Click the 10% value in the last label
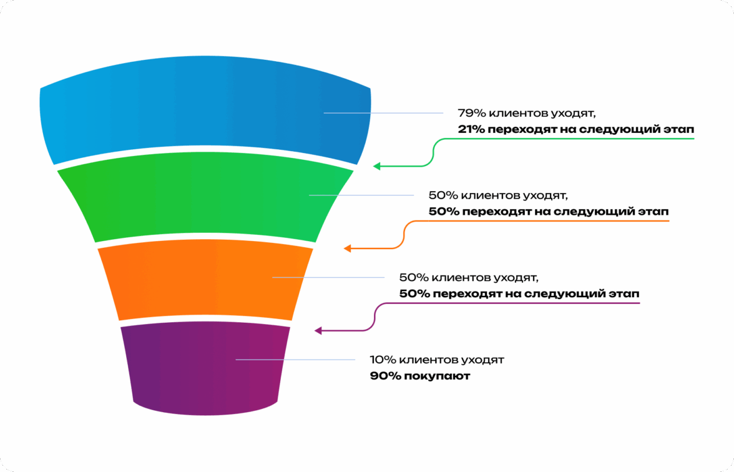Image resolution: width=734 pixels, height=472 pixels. (x=382, y=360)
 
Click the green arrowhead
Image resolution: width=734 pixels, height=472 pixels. (x=376, y=166)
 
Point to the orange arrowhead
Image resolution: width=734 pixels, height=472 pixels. (x=347, y=248)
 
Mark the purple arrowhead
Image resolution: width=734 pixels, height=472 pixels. (x=318, y=330)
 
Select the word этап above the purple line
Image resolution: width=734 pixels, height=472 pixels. (x=622, y=293)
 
